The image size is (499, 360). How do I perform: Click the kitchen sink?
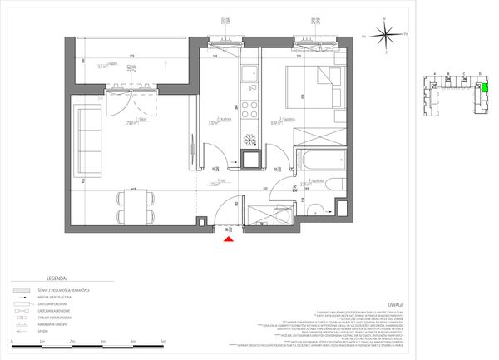[249, 76]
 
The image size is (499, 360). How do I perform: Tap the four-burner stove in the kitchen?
[249, 157]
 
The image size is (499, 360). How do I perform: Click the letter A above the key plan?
[431, 73]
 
